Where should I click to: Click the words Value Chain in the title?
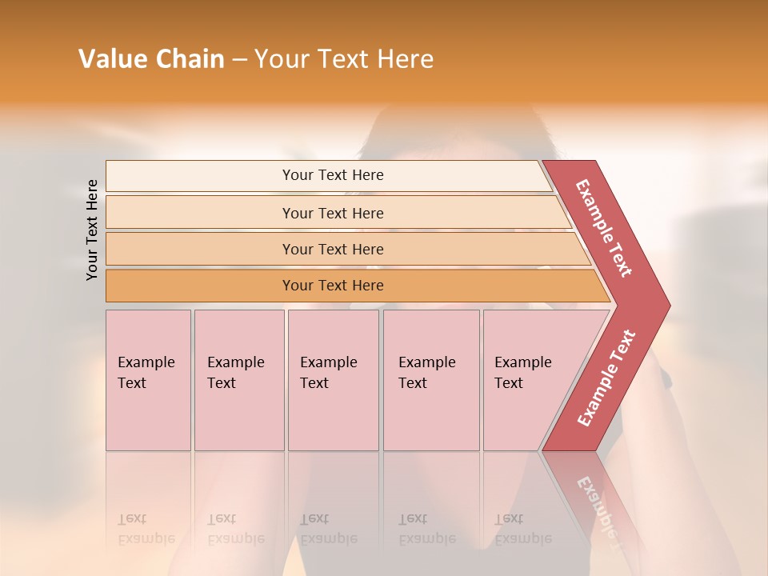(151, 58)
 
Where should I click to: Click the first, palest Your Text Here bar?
(332, 175)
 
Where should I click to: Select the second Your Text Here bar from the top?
(332, 213)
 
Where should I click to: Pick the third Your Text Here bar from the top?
(332, 249)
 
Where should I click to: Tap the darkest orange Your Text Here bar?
(332, 286)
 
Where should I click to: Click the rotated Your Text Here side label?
(93, 230)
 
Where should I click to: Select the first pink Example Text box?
(148, 380)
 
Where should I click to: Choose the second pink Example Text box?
(238, 380)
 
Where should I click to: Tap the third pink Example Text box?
(333, 380)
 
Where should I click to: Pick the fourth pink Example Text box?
(430, 380)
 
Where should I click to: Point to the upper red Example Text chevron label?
(604, 228)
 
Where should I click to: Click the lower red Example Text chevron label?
(606, 378)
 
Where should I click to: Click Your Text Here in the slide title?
(344, 58)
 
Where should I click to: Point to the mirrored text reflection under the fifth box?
(523, 529)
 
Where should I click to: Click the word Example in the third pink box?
(329, 362)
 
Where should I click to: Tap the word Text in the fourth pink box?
(413, 383)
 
